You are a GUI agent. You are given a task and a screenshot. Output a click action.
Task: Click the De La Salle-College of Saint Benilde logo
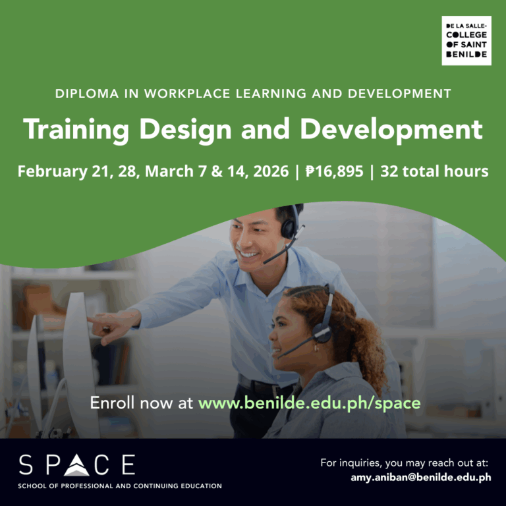tap(466, 41)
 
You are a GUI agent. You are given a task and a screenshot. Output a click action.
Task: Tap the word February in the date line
tap(52, 171)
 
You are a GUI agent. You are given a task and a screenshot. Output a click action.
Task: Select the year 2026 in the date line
tap(269, 171)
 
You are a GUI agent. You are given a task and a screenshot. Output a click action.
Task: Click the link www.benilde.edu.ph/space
tap(309, 403)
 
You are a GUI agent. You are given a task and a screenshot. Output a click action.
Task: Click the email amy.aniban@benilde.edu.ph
tap(421, 477)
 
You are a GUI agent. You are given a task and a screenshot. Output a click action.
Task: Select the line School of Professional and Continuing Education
tap(120, 486)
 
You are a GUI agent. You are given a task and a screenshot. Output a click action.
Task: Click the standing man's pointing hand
tap(105, 322)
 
